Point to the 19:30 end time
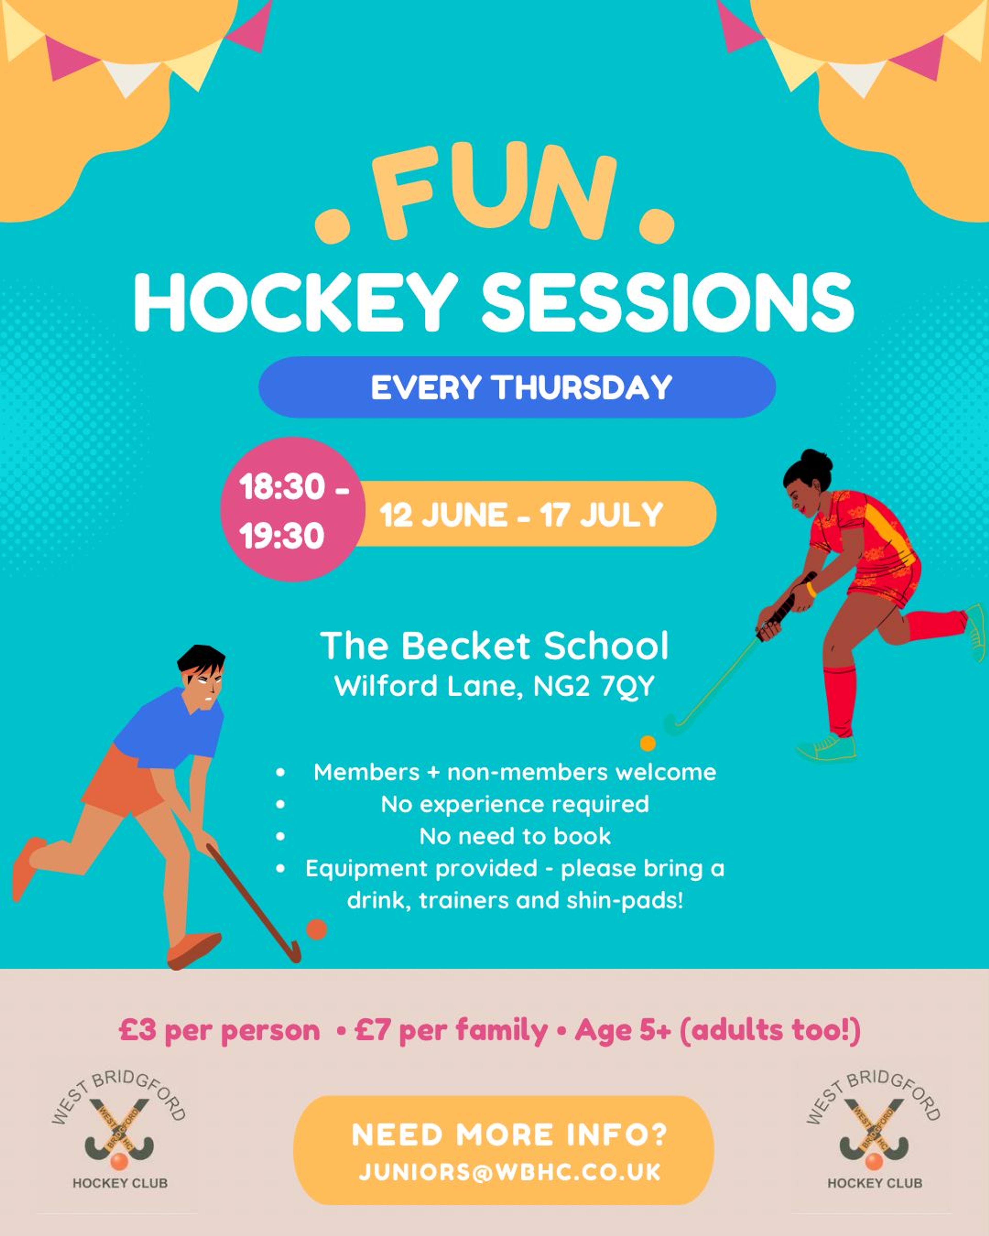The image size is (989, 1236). coord(282,536)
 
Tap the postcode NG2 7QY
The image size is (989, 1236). coord(594,686)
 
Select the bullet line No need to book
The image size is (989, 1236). coord(515,836)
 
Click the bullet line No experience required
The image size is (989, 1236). coord(515,804)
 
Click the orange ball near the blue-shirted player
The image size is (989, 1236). coord(317,929)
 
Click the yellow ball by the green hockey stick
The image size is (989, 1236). coord(648,744)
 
